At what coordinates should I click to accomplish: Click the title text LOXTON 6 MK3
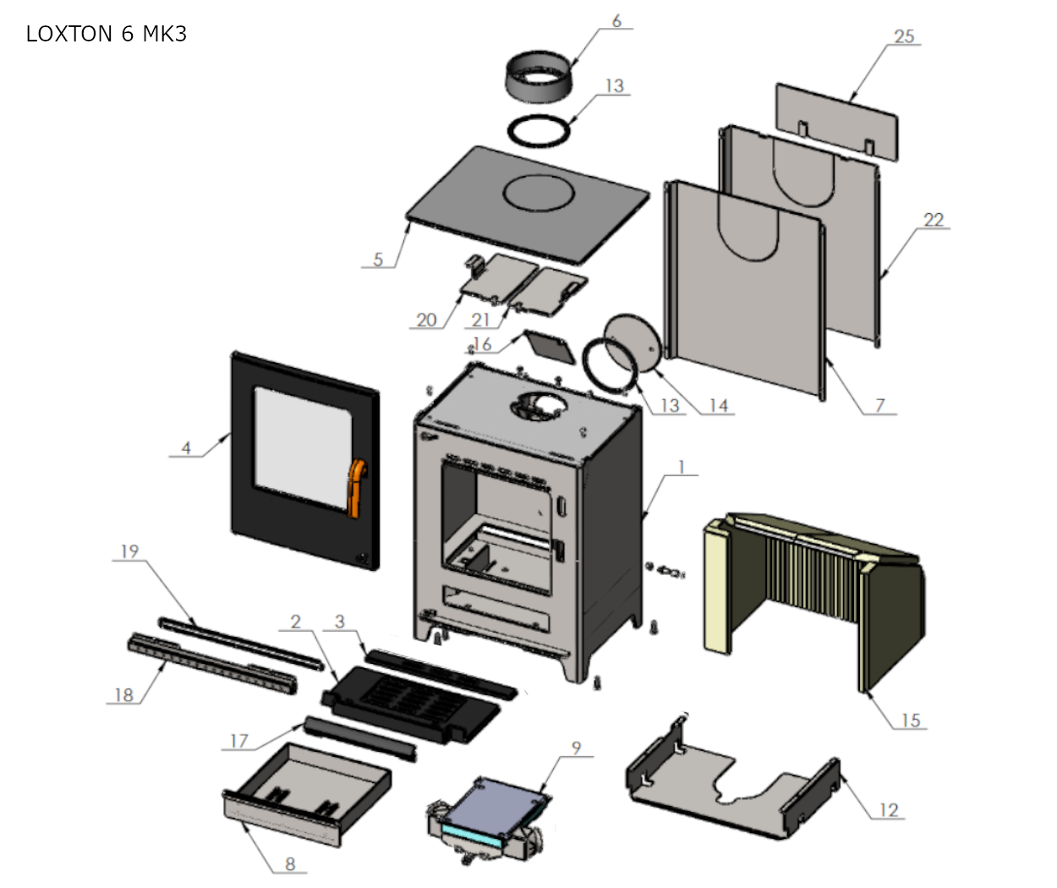click(107, 34)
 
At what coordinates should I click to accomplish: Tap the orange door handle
click(358, 486)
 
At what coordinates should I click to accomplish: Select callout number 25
click(904, 36)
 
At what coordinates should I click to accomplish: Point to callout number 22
click(933, 220)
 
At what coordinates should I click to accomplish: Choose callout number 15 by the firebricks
click(910, 721)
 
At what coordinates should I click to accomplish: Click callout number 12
click(888, 810)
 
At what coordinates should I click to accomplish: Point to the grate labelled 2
click(397, 698)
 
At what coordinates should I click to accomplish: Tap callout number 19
click(129, 551)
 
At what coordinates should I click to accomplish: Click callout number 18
click(123, 695)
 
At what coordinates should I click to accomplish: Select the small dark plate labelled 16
click(548, 344)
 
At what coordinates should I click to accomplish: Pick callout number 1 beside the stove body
click(682, 467)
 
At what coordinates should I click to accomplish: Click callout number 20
click(427, 320)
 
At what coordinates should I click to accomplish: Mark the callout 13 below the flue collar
click(614, 85)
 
